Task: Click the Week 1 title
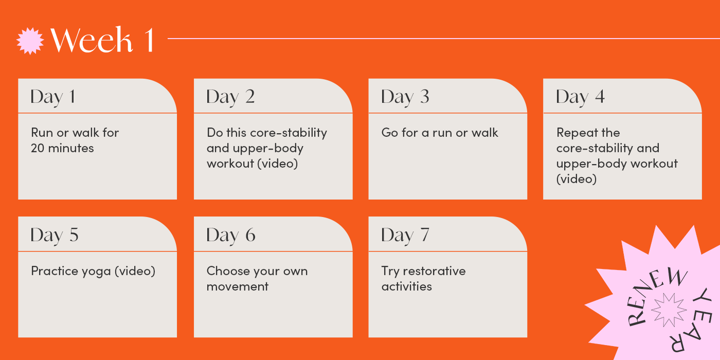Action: point(102,40)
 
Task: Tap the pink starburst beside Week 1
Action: point(30,41)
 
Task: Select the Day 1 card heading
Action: point(53,97)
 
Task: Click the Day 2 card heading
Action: point(230,97)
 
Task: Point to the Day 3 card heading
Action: point(405,97)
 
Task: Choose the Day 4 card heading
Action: point(580,97)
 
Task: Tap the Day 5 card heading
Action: point(55,235)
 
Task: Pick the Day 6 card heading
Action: point(231,235)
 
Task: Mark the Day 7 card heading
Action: point(405,235)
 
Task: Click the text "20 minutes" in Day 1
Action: point(62,148)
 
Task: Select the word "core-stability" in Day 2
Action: point(289,133)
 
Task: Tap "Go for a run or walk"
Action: point(440,133)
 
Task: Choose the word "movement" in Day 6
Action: point(237,286)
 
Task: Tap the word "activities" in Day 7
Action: point(407,286)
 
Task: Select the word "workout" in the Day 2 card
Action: point(230,164)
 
